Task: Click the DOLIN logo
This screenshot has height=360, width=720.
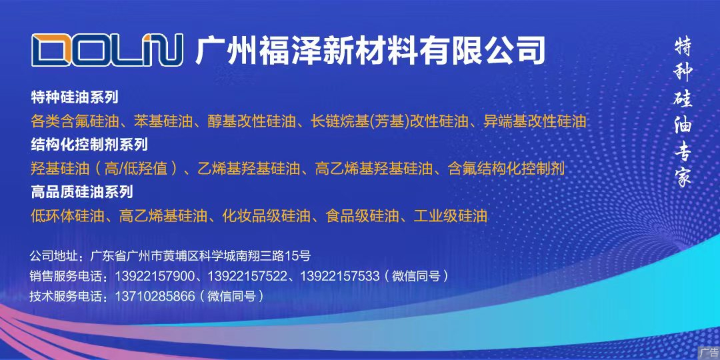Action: (x=107, y=50)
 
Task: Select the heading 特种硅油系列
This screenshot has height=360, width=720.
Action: (x=75, y=97)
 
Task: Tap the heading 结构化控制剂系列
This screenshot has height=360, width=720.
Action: (x=89, y=145)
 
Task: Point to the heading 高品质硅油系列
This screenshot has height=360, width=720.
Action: (x=82, y=191)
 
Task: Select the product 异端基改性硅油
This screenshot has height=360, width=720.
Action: (x=535, y=121)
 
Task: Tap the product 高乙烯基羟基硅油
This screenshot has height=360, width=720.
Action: (x=374, y=169)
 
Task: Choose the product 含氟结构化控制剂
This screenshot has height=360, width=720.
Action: (x=506, y=169)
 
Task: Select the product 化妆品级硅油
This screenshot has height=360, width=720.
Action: (x=266, y=215)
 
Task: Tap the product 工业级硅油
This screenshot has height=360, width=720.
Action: (x=450, y=215)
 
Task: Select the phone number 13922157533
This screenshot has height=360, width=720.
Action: (x=340, y=277)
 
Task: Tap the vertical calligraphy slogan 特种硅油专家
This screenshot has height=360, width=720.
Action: (x=683, y=113)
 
